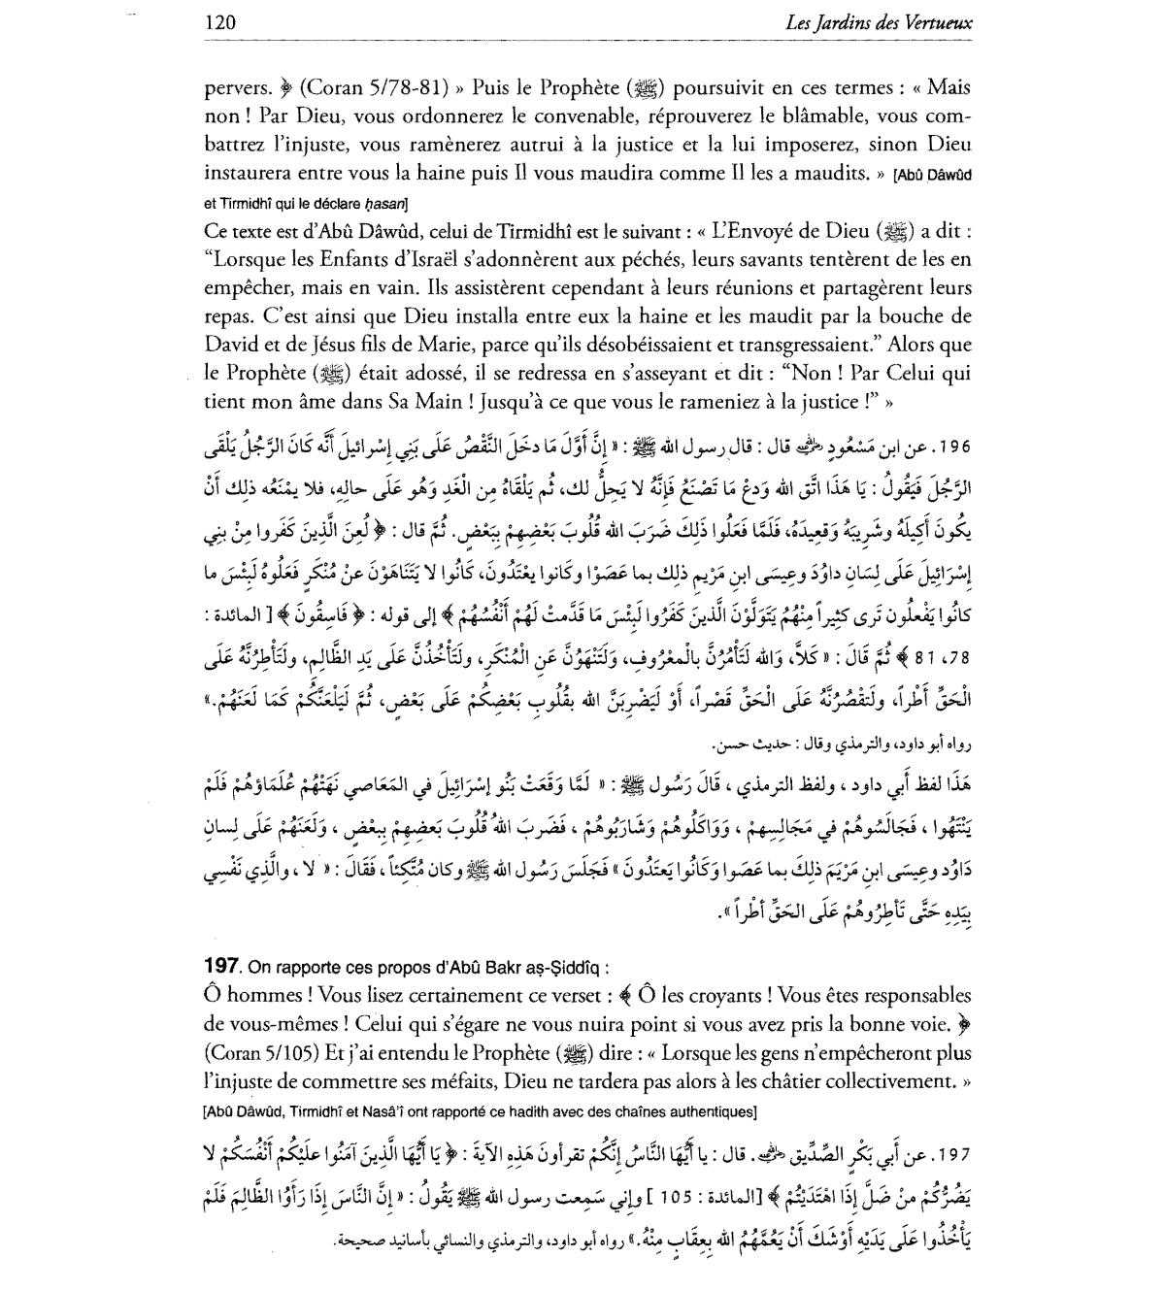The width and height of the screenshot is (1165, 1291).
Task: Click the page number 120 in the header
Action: click(222, 22)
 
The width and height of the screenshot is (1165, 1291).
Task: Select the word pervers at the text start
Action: click(236, 88)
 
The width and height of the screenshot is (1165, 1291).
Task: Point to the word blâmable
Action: click(821, 116)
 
